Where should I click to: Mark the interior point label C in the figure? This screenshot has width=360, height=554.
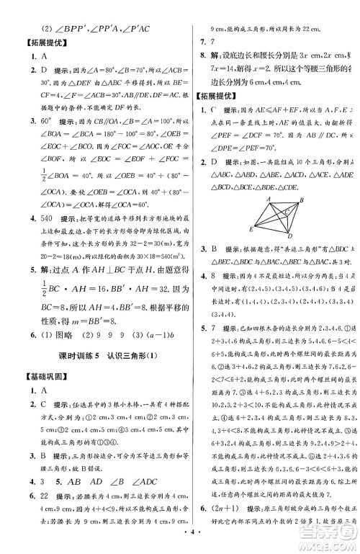click(x=287, y=212)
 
